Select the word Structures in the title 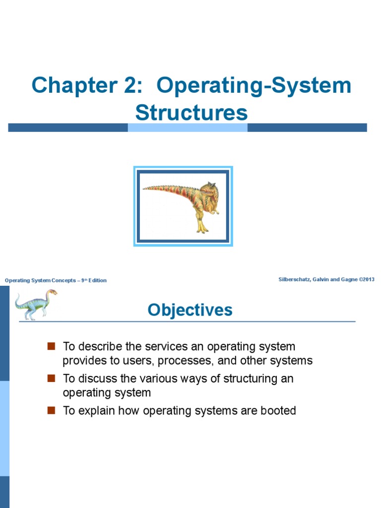(191, 113)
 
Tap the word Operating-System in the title (254, 86)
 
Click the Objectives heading (190, 311)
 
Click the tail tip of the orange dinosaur (145, 188)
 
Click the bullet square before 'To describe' (51, 346)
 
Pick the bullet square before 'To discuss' (51, 379)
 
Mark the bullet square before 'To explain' (51, 411)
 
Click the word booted (278, 411)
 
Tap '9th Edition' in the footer (94, 280)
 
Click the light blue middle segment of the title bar (188, 127)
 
